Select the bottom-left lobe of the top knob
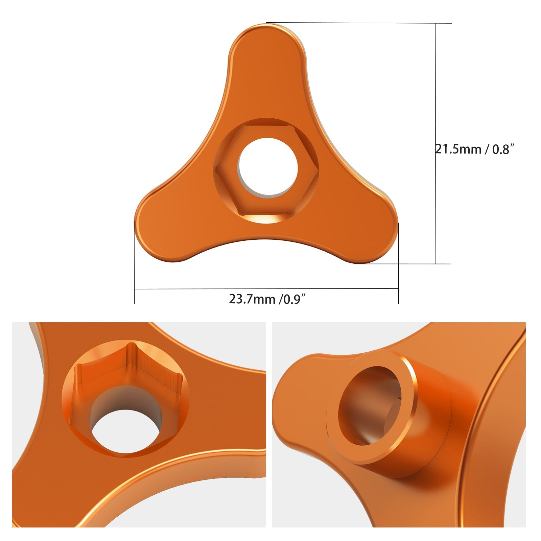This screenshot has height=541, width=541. (x=162, y=230)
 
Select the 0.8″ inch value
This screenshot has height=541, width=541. (x=503, y=149)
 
